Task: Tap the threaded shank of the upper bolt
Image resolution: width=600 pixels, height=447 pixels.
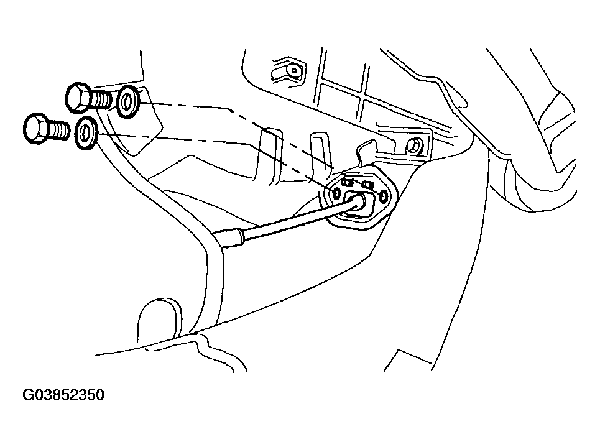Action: tap(101, 99)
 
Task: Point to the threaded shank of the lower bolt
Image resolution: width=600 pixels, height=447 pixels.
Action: tap(59, 130)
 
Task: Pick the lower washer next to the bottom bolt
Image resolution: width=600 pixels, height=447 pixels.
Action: tap(86, 134)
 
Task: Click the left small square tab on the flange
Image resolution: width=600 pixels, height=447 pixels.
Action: tap(348, 182)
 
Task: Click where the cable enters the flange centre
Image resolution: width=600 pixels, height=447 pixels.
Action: tap(359, 201)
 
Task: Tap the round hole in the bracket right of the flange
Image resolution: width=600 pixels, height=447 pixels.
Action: tap(412, 147)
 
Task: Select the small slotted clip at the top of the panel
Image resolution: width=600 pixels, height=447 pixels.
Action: tap(288, 70)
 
